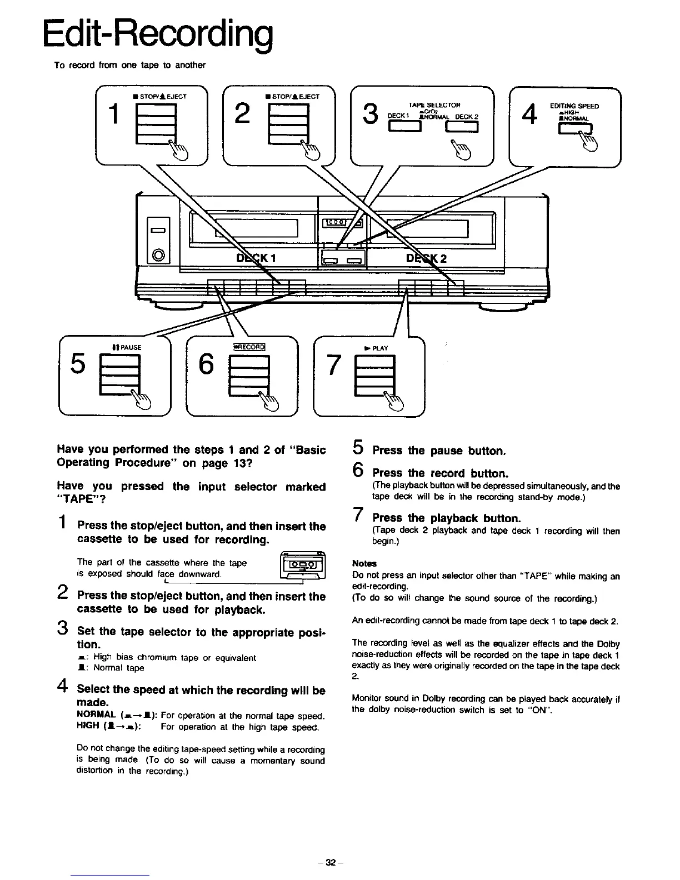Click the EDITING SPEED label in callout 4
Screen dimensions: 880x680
point(574,106)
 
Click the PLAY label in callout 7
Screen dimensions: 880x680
point(376,348)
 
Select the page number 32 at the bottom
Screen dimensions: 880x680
point(331,863)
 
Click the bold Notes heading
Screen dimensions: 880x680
point(364,563)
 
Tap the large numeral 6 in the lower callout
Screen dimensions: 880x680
point(206,364)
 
